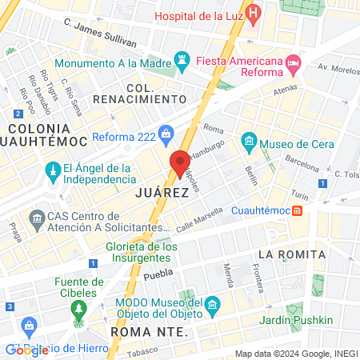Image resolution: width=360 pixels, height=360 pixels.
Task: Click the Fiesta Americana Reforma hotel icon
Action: tap(293, 62)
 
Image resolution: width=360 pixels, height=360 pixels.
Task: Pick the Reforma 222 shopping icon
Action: tap(166, 133)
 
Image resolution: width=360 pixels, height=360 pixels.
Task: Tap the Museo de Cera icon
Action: tap(249, 143)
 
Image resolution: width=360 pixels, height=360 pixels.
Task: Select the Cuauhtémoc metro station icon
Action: tap(297, 210)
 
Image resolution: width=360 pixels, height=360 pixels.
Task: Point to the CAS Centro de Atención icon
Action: tap(36, 218)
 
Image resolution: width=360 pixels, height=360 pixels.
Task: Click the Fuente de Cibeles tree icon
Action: tap(78, 308)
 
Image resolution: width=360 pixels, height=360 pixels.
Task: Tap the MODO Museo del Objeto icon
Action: tap(213, 304)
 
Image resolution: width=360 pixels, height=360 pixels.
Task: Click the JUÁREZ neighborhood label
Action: tap(162, 193)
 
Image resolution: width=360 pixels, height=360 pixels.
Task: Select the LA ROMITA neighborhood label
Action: tap(291, 254)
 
